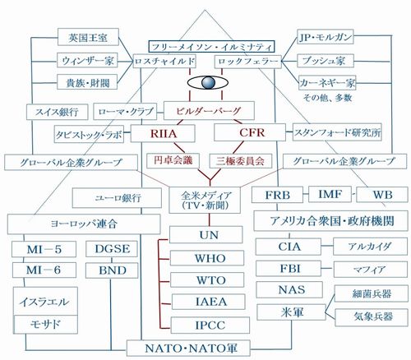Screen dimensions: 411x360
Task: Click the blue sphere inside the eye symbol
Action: [208, 82]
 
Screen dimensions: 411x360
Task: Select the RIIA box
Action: [163, 133]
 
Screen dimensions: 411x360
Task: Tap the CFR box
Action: [250, 132]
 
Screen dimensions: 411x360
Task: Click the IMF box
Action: [330, 194]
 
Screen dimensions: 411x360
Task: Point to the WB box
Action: [382, 195]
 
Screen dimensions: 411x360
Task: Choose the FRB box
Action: [277, 195]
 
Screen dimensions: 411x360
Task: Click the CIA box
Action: [289, 247]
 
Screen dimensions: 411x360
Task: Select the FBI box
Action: [289, 269]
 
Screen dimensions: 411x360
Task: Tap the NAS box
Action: [289, 289]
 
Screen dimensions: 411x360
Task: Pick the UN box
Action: [206, 235]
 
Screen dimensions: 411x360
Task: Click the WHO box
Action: [207, 258]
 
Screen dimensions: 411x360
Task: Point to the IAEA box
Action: [208, 302]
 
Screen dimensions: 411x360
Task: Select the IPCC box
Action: [210, 325]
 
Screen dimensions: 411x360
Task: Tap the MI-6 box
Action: [44, 270]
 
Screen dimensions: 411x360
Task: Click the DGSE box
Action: [112, 249]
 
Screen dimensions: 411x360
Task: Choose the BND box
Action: [112, 270]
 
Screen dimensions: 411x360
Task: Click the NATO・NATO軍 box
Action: [188, 348]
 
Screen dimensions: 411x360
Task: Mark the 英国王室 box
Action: [88, 37]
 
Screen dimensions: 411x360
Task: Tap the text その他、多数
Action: [327, 98]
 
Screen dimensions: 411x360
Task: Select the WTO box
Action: [207, 279]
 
